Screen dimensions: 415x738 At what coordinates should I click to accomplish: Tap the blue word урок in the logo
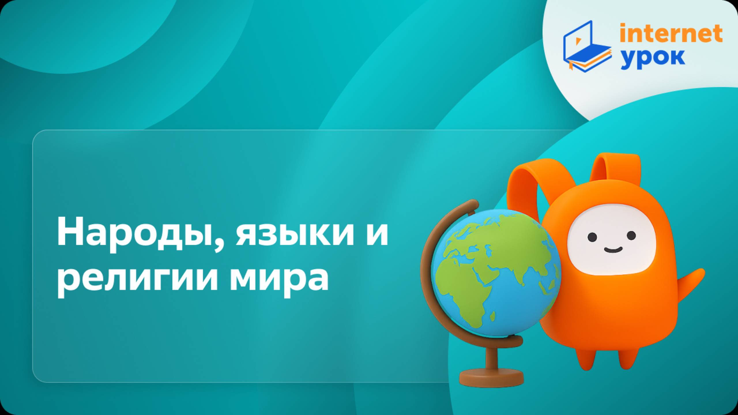[x=653, y=59]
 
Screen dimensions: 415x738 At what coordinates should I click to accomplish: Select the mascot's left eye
[x=592, y=237]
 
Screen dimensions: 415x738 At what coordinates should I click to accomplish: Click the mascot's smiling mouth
[x=613, y=250]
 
